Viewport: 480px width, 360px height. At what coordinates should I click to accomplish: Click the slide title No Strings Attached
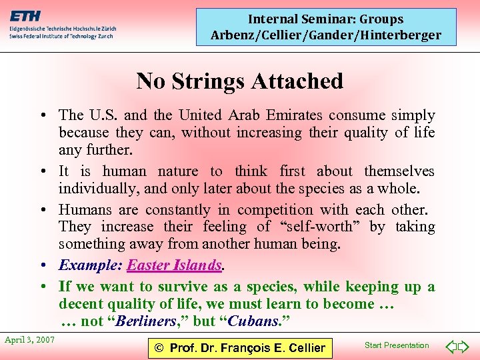tap(239, 81)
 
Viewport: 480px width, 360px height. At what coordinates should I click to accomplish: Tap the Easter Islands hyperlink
tap(174, 265)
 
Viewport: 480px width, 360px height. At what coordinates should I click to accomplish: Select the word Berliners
tap(148, 321)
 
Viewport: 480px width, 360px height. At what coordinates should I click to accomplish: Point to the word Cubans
tap(253, 321)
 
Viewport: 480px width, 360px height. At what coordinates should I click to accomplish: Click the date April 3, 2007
tap(29, 340)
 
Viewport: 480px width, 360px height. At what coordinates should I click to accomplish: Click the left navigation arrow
tap(450, 346)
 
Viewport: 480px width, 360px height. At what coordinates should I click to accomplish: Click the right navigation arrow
tap(465, 346)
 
